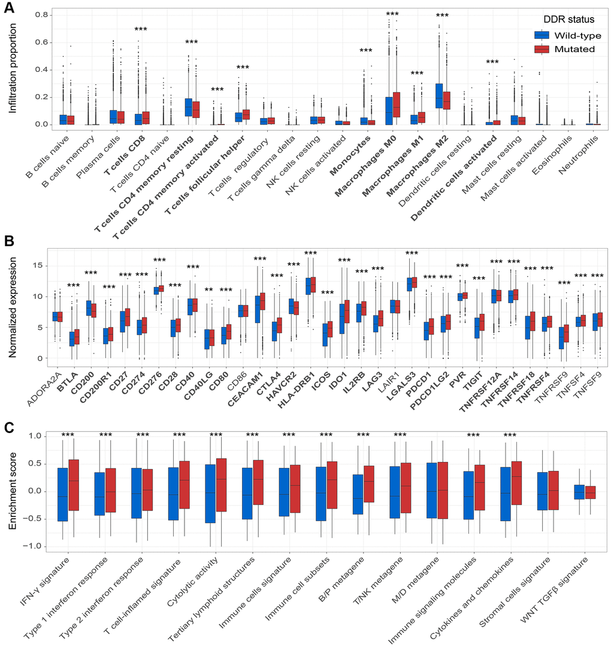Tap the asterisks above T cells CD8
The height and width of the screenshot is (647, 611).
click(x=141, y=29)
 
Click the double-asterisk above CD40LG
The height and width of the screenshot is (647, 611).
click(x=208, y=291)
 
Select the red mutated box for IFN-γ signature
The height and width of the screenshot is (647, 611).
click(x=74, y=485)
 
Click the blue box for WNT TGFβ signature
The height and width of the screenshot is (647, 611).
click(x=579, y=492)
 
